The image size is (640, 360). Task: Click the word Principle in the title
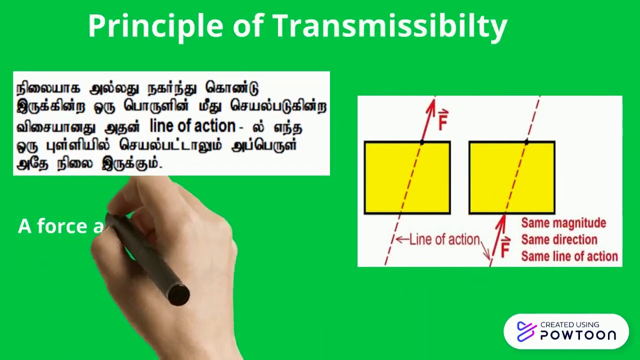pos(155,26)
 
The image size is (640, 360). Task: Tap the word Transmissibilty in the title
pos(389,26)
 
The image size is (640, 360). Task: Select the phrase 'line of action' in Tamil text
pos(192,126)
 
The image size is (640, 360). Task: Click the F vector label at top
pos(442,120)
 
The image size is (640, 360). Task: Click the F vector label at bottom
pos(505,247)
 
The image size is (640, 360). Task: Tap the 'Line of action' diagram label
pos(444,240)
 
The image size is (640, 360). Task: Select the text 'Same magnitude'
pos(563,223)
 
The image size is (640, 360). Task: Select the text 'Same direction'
pos(559,239)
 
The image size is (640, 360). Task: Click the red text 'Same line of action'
pos(569,256)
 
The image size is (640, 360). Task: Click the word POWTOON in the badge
pos(578,335)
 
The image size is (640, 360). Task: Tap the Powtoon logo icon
pos(526,331)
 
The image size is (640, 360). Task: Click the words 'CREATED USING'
pos(569,324)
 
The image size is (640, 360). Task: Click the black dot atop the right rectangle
pos(526,142)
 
